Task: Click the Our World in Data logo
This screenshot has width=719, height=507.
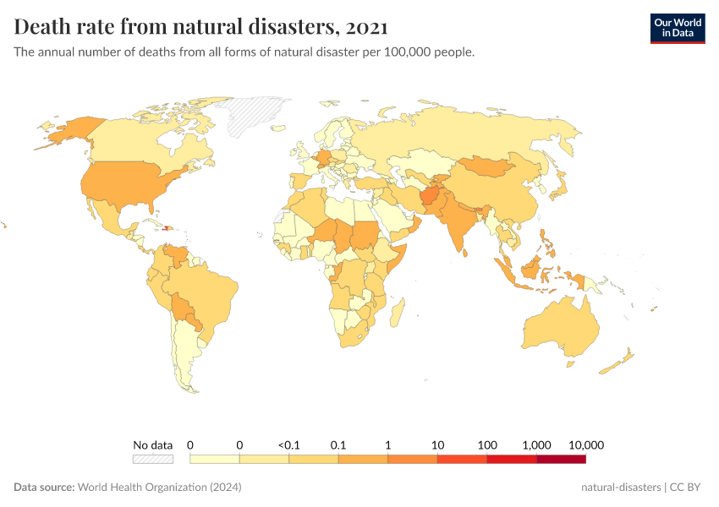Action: [677, 28]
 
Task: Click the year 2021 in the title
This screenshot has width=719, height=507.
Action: [366, 27]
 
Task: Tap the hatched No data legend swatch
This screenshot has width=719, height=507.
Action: [152, 459]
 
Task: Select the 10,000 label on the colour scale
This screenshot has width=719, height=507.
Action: [585, 444]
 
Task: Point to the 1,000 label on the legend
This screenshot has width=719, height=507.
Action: [536, 444]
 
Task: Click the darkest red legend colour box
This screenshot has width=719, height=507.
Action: [561, 459]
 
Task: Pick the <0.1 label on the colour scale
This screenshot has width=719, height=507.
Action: [288, 444]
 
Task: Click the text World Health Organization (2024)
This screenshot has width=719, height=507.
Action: [159, 488]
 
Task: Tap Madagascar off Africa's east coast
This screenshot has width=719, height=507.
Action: [396, 313]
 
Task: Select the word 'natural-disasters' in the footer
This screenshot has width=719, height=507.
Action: [622, 488]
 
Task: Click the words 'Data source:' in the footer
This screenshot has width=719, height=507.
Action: [44, 488]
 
